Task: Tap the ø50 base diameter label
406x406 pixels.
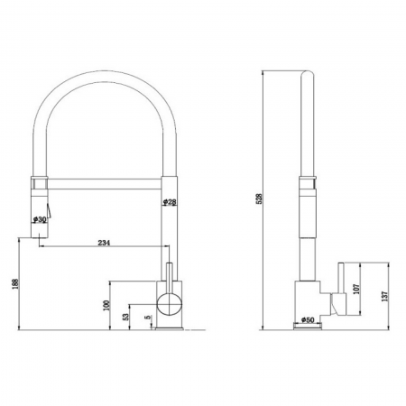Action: pos(306,319)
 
